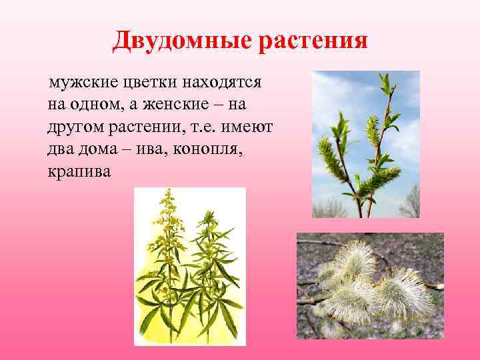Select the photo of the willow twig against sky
coord(366,144)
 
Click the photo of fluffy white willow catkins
coord(370,285)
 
